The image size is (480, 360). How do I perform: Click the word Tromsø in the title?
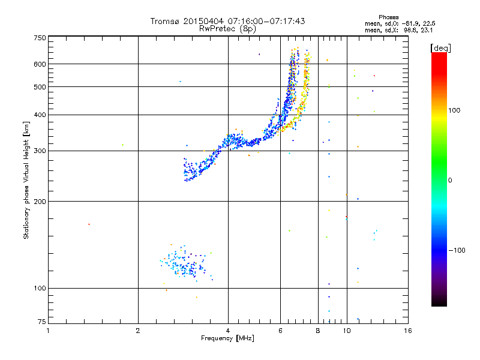164,21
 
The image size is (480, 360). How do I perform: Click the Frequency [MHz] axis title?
227,339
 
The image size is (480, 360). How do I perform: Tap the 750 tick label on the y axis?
40,38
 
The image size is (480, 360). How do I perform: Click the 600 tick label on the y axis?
40,64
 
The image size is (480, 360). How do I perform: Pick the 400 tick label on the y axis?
40,115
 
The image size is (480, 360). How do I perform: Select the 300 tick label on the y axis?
40,151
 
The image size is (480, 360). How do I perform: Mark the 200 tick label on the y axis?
40,202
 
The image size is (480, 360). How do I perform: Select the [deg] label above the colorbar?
441,47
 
